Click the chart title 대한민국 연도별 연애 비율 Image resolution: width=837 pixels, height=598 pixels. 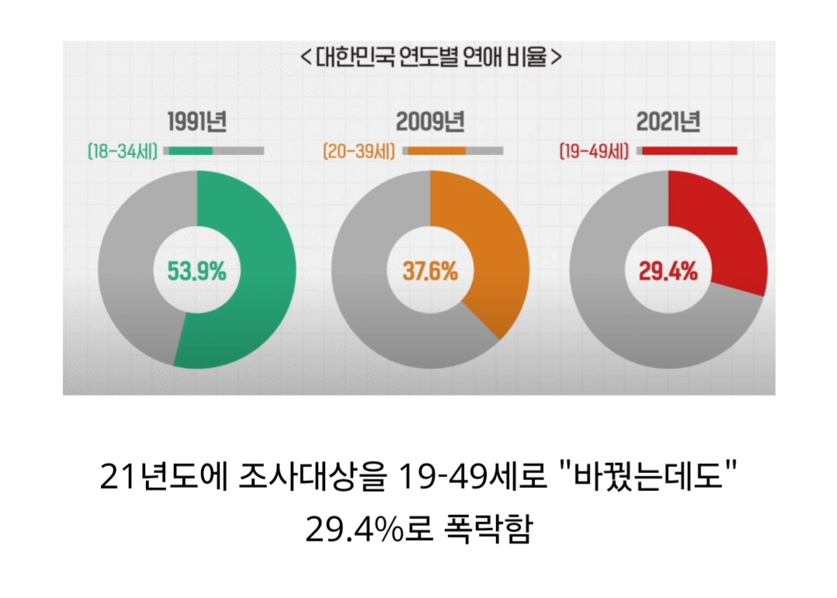coord(429,57)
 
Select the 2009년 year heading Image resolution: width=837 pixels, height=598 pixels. coord(429,123)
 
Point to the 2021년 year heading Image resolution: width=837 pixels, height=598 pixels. coord(668,123)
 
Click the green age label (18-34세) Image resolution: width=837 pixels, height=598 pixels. coord(123,150)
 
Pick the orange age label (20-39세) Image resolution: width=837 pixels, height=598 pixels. coord(359,150)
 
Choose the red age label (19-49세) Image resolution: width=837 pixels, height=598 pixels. coord(594,150)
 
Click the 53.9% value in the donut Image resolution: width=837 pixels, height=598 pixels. coord(196,271)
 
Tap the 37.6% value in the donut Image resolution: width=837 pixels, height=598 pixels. coord(430,271)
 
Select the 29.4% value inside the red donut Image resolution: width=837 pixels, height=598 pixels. coord(668,271)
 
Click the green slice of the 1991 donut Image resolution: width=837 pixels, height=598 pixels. coord(260,271)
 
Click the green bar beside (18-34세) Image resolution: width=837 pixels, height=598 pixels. coord(188,150)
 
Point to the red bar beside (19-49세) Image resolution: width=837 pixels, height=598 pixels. coord(689,150)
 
